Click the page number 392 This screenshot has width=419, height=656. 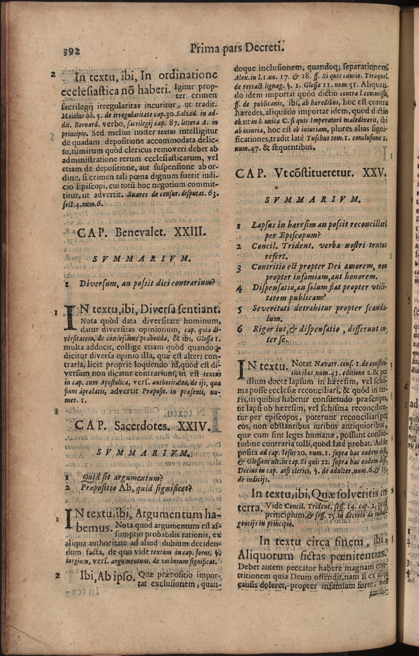pyautogui.click(x=71, y=51)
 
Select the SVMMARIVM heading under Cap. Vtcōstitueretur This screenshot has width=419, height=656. pyautogui.click(x=313, y=199)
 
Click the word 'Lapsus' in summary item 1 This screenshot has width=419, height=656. pyautogui.click(x=264, y=224)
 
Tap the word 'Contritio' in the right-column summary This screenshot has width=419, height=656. pyautogui.click(x=268, y=267)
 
